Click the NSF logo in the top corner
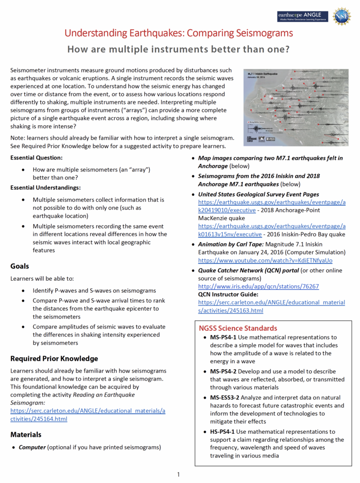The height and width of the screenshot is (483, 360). tap(342, 16)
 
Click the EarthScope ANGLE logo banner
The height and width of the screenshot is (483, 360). tap(302, 16)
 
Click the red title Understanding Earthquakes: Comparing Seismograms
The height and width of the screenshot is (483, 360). tap(179, 34)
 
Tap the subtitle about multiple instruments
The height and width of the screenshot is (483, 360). tap(179, 50)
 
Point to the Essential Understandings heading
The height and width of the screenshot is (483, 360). tap(45, 188)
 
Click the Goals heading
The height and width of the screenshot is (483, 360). tap(20, 266)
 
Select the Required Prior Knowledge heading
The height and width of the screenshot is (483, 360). tap(54, 358)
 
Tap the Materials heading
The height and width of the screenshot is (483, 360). tap(26, 434)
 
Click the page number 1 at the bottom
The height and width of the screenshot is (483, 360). tap(179, 475)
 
